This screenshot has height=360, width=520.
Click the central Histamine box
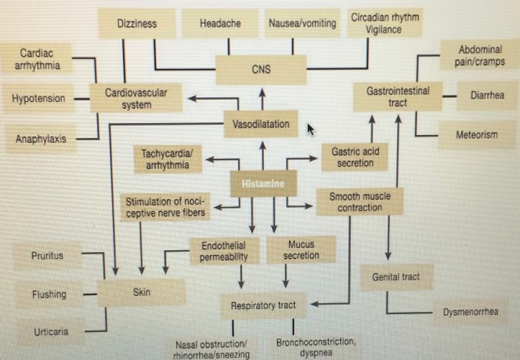[263, 184]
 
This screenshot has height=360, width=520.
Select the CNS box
[261, 70]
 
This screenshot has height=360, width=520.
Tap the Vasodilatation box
[261, 124]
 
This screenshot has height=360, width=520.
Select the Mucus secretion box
[301, 250]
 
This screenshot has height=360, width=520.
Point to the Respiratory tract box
[263, 305]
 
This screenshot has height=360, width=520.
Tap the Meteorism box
[476, 135]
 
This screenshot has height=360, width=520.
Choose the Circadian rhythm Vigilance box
[385, 24]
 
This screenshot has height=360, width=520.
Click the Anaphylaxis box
[41, 139]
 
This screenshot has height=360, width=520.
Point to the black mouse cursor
[311, 129]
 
